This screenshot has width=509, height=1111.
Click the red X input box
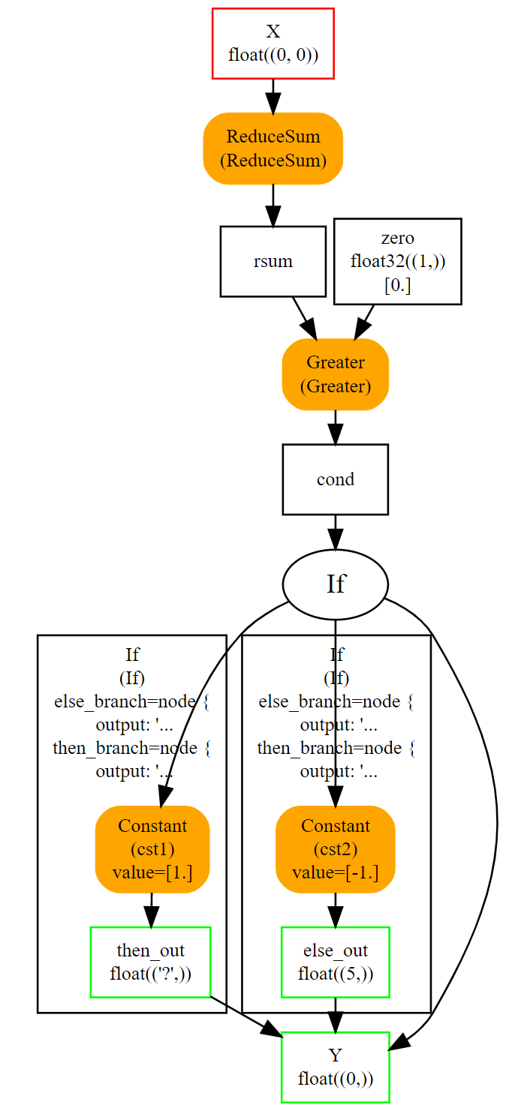click(273, 44)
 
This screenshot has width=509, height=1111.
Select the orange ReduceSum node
click(273, 148)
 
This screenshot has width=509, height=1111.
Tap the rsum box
click(273, 261)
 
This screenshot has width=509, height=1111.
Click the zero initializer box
click(397, 261)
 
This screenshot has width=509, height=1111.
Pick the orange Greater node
click(335, 374)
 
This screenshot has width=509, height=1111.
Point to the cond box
click(335, 479)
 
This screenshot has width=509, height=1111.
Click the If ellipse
click(335, 584)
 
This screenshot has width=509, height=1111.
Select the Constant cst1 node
click(152, 849)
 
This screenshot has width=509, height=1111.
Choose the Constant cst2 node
click(335, 849)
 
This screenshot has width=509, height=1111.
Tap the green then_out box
click(150, 962)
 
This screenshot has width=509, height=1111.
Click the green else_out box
click(335, 962)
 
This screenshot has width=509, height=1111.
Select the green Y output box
click(335, 1067)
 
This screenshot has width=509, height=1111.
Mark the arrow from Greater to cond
click(335, 427)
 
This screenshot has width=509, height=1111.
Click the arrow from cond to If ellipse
click(335, 532)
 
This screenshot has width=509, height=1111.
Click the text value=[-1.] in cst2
click(335, 872)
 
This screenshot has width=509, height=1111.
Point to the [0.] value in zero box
click(397, 285)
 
